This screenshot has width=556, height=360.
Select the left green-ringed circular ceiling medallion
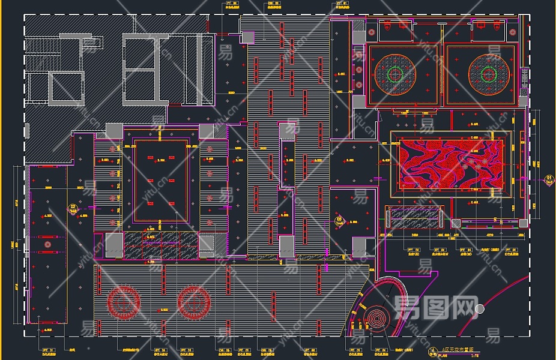[x=394, y=74]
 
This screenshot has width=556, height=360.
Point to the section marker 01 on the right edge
[x=549, y=178]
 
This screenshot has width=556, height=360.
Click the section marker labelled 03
[x=342, y=220]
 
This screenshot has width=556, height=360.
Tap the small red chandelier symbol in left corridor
[x=47, y=244]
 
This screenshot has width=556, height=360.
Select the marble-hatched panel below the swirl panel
[x=414, y=215]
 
